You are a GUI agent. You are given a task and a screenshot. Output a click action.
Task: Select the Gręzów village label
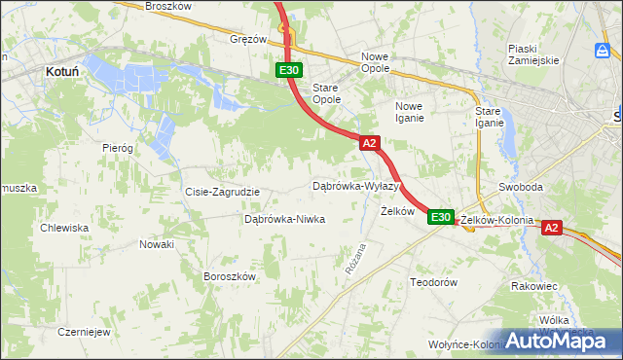click(x=248, y=40)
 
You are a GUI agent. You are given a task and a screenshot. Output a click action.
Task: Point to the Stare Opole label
click(x=326, y=93)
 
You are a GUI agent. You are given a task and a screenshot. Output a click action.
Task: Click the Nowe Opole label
click(x=375, y=63)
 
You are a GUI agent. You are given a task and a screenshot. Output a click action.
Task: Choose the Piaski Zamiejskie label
click(x=533, y=54)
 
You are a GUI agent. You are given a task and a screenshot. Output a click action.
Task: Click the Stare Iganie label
click(x=489, y=117)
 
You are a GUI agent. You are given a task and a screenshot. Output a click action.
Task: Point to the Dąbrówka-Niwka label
click(x=284, y=220)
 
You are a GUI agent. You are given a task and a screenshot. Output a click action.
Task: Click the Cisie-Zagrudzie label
click(x=222, y=192)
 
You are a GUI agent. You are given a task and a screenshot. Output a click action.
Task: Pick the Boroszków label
click(x=229, y=276)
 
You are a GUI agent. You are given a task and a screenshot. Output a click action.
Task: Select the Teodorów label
click(x=433, y=282)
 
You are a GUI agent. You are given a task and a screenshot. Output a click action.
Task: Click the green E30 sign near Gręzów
click(x=289, y=70)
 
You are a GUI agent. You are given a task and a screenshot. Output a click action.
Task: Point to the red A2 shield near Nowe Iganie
click(x=369, y=143)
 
